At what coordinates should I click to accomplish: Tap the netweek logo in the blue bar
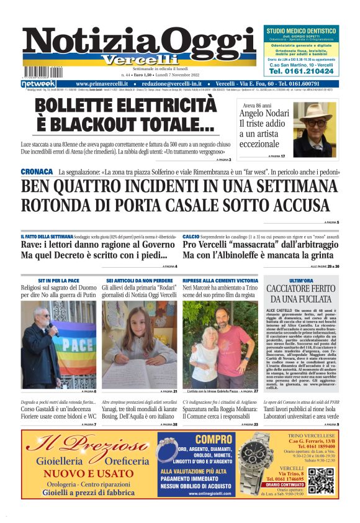pyautogui.click(x=38, y=84)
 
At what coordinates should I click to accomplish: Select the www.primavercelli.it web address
pyautogui.click(x=102, y=84)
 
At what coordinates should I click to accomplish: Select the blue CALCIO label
pyautogui.click(x=191, y=237)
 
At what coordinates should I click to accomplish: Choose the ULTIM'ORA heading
pyautogui.click(x=301, y=281)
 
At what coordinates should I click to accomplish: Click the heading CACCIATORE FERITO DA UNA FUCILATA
pyautogui.click(x=301, y=294)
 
